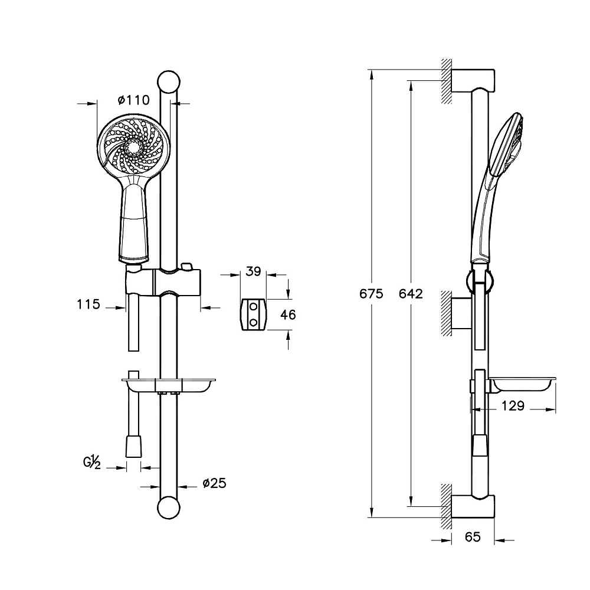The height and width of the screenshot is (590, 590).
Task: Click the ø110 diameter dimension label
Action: pyautogui.click(x=133, y=100)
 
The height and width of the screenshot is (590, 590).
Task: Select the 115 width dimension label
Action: pyautogui.click(x=89, y=304)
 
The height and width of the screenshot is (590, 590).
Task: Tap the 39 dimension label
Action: pyautogui.click(x=253, y=271)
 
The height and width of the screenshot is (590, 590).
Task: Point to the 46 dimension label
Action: pyautogui.click(x=289, y=314)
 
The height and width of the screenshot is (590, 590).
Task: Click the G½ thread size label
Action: pyautogui.click(x=92, y=462)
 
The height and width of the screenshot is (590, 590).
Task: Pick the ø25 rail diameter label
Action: pyautogui.click(x=215, y=483)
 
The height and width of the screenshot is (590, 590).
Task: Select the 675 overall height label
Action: pyautogui.click(x=371, y=293)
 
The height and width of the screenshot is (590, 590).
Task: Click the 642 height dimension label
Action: pyautogui.click(x=411, y=293)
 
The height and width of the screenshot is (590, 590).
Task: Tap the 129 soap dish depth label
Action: pyautogui.click(x=513, y=406)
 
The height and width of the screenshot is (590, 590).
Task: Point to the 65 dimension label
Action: pyautogui.click(x=473, y=536)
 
